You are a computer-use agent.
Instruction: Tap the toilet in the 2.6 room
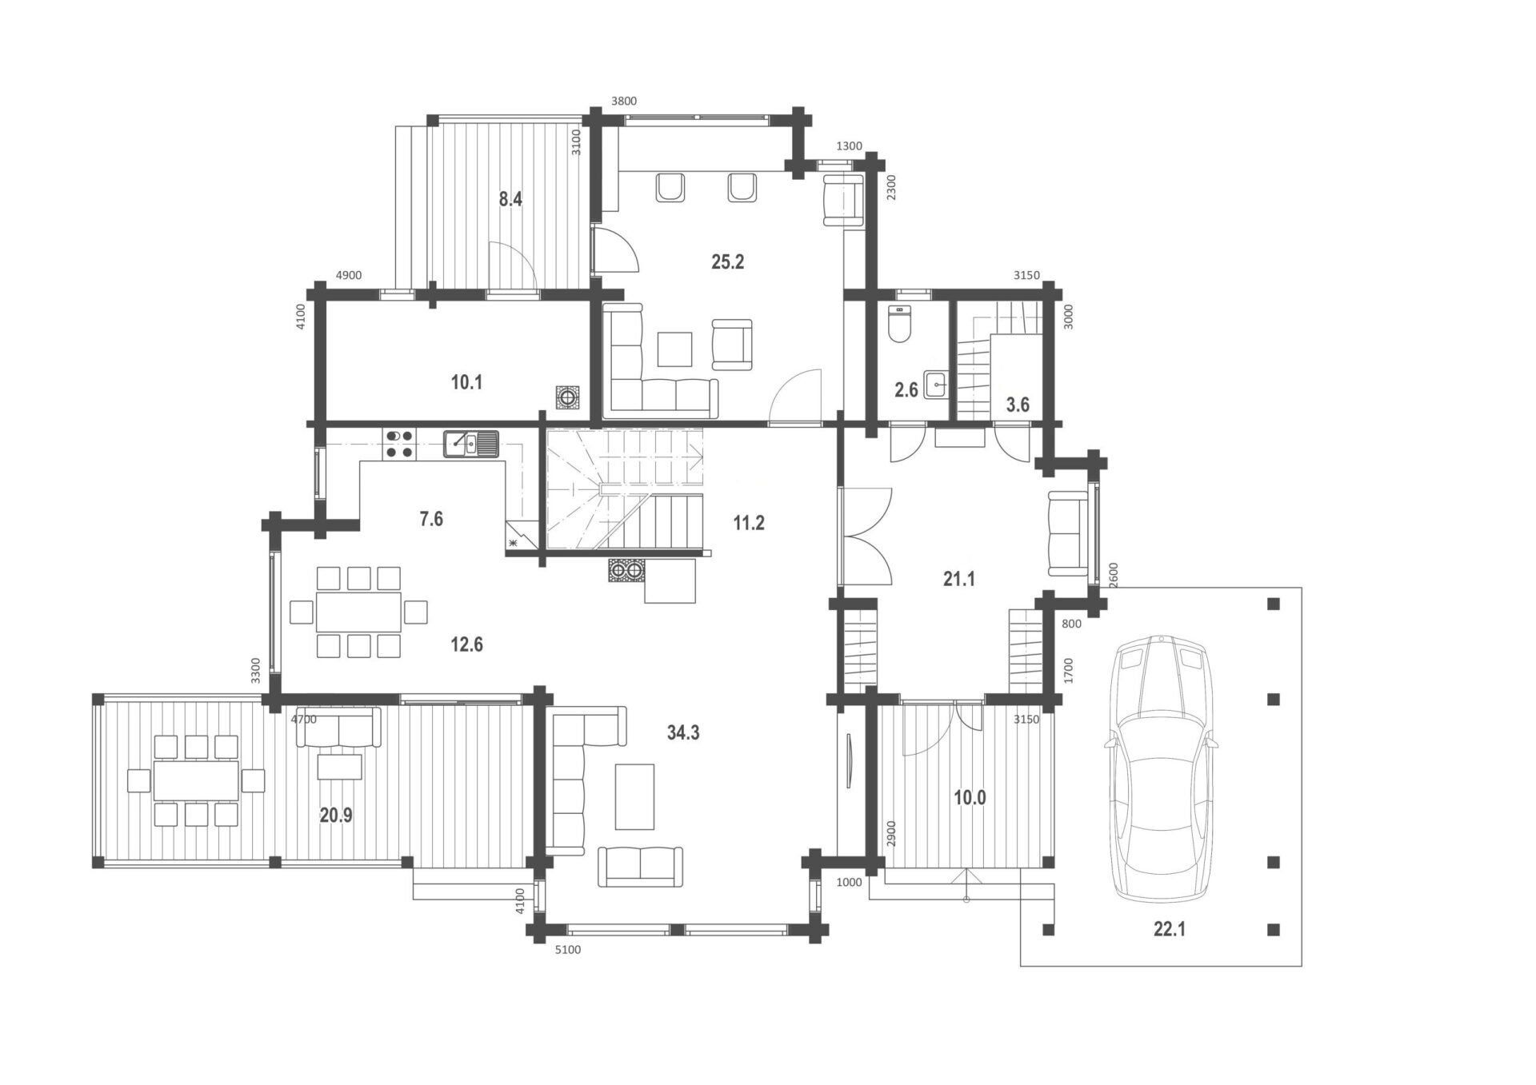pos(900,325)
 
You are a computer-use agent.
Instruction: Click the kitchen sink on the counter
pos(471,444)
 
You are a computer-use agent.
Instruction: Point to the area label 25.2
pos(728,261)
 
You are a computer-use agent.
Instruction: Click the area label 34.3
pos(683,732)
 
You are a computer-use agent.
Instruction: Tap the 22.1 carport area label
pos(1170,929)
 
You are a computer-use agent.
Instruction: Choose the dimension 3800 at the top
pos(624,102)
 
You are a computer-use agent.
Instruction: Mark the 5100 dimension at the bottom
pos(568,950)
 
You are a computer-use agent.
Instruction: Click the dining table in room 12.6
pos(358,612)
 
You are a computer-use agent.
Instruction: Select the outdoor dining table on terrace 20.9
pos(197,780)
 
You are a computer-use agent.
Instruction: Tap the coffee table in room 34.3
pos(634,796)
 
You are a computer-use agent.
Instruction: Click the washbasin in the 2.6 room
pos(936,385)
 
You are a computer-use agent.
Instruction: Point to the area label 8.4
pos(510,199)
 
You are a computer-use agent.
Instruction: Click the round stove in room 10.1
pos(568,397)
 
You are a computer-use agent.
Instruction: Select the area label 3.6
pos(1018,405)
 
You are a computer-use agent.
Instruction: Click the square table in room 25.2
pos(675,349)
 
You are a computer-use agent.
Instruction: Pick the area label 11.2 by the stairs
pos(749,523)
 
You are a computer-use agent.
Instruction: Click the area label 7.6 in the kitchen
pos(431,519)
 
